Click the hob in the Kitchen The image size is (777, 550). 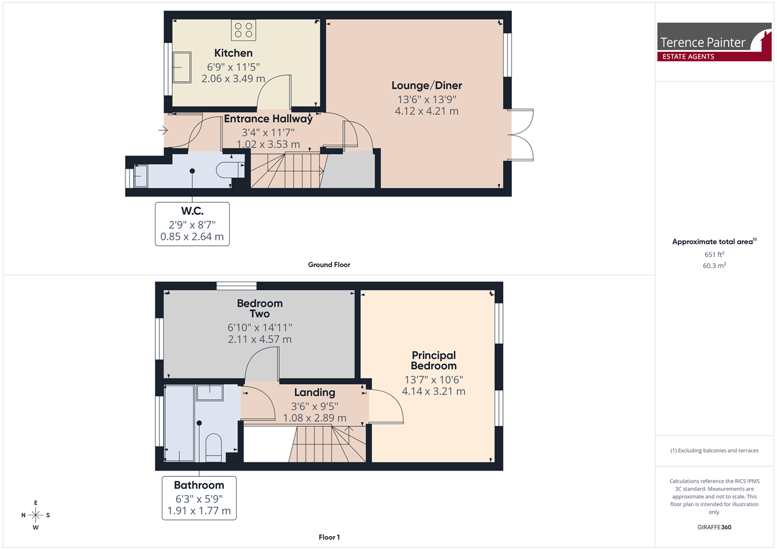click(x=243, y=30)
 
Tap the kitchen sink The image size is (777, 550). click(x=182, y=67)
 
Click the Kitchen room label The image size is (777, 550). click(x=233, y=53)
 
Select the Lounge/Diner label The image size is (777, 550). click(x=426, y=85)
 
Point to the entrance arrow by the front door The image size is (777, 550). click(x=163, y=131)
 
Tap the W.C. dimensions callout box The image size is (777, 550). click(x=192, y=224)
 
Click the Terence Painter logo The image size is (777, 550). click(x=714, y=42)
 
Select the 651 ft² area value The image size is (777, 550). click(x=714, y=255)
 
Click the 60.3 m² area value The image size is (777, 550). click(x=714, y=265)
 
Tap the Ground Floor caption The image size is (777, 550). click(x=329, y=265)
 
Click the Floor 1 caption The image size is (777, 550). click(x=329, y=537)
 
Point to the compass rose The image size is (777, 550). click(x=36, y=515)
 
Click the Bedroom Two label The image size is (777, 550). click(x=260, y=309)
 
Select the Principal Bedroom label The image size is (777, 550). click(x=433, y=360)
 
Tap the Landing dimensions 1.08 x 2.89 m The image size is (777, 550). click(x=315, y=418)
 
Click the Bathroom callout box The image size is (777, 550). click(x=199, y=498)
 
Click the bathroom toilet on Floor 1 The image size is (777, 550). click(x=214, y=447)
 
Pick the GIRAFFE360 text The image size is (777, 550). click(x=714, y=527)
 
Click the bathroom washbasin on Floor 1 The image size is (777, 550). click(x=210, y=393)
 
